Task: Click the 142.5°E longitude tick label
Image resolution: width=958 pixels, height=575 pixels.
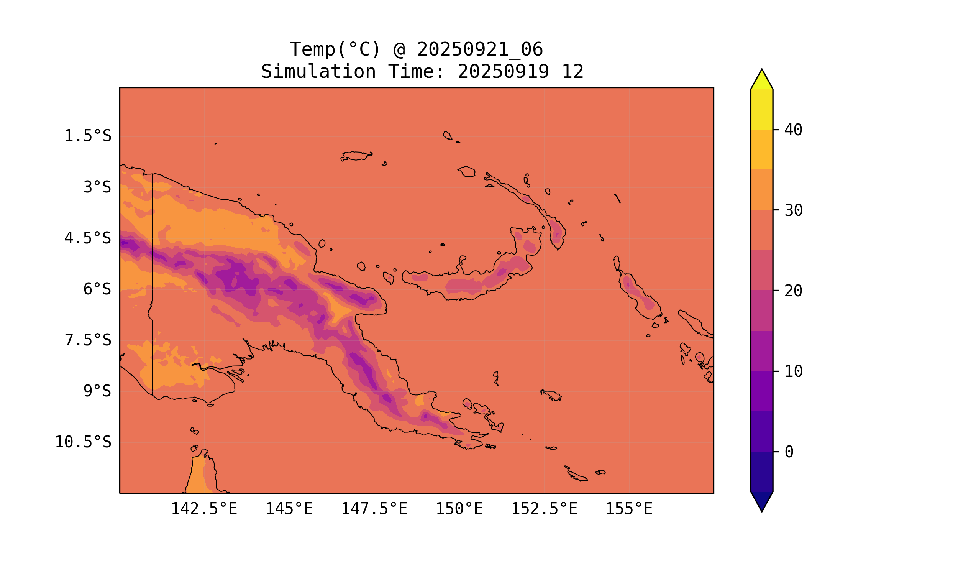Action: click(x=204, y=509)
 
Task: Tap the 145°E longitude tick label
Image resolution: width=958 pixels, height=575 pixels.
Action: click(x=289, y=509)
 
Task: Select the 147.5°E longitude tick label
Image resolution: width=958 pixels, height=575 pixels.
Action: click(x=374, y=509)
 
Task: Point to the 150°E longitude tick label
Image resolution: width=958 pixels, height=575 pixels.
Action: click(x=459, y=509)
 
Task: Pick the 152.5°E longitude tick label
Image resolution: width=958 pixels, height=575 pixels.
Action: click(x=544, y=509)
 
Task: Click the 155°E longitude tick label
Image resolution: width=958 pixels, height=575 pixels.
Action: click(x=629, y=509)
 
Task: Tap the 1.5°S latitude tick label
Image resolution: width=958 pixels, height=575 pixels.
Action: click(x=87, y=136)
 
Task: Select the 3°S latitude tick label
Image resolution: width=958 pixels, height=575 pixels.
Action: click(x=97, y=187)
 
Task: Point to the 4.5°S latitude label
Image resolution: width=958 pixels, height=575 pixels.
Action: click(x=87, y=238)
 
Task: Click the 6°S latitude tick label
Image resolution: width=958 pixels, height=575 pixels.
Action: click(x=97, y=289)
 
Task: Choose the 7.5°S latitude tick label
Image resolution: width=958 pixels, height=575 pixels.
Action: click(x=87, y=340)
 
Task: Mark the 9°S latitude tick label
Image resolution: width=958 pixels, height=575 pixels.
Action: click(x=97, y=391)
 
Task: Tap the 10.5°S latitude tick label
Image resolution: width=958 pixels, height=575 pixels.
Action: click(x=83, y=442)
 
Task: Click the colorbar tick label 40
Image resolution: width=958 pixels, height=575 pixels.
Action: click(x=793, y=130)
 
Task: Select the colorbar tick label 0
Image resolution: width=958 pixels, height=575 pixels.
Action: click(x=789, y=452)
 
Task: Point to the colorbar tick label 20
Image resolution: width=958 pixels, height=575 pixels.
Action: click(x=793, y=291)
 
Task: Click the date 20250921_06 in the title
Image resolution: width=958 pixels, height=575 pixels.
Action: click(x=480, y=49)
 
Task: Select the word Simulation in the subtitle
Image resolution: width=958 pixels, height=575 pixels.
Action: click(x=318, y=72)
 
